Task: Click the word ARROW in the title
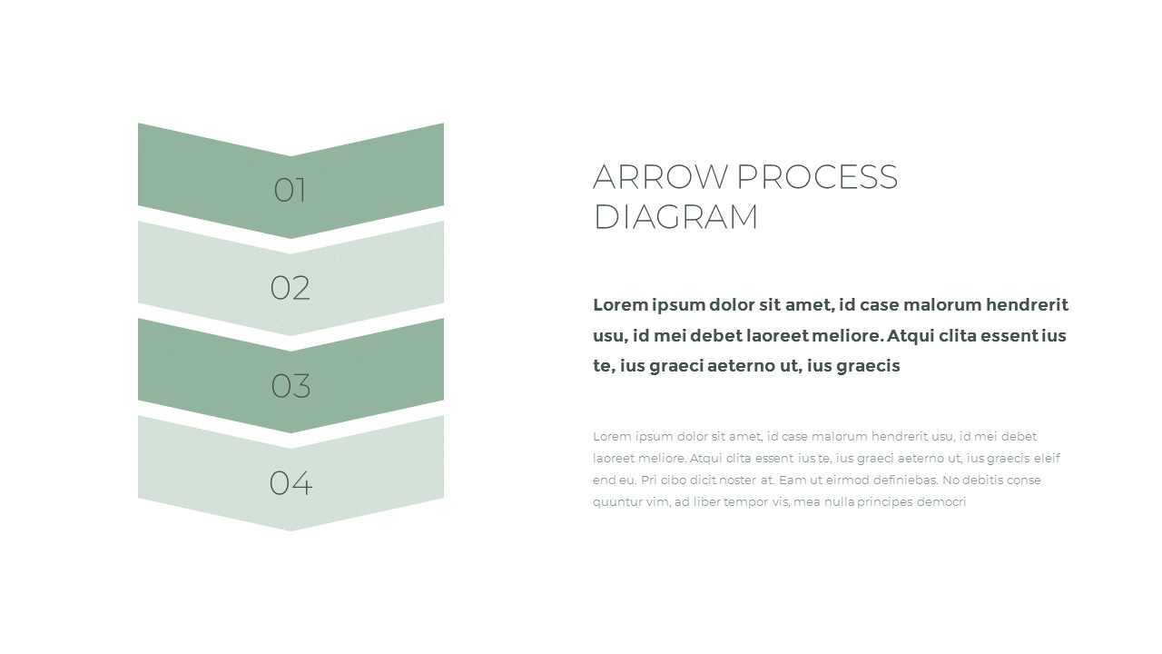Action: [660, 176]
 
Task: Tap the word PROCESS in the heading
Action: [817, 176]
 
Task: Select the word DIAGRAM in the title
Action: [675, 216]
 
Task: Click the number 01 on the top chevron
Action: [290, 190]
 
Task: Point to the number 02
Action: [290, 288]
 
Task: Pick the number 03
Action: [290, 386]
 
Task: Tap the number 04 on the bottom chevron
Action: [290, 483]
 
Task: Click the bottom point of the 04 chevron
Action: [290, 531]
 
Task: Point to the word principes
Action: [884, 502]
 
